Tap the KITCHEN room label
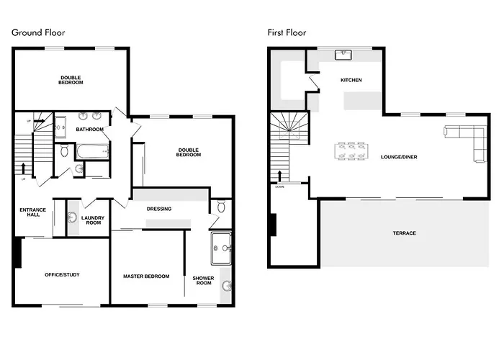351,80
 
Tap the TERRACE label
404,233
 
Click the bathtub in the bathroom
92,151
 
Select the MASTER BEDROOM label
146,276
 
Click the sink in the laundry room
73,218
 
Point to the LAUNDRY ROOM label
93,220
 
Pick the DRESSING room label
158,210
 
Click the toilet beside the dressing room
221,207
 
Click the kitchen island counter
363,102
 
